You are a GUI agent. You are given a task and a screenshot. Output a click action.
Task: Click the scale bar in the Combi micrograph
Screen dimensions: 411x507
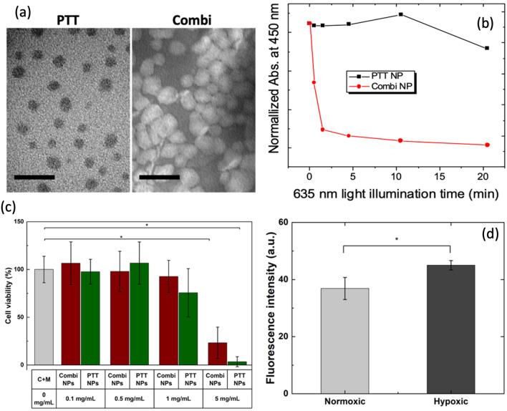[x=159, y=175]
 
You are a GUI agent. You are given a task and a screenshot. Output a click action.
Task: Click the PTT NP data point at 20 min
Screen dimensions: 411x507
[x=487, y=48]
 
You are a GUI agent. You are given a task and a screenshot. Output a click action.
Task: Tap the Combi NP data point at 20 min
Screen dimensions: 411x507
[x=487, y=145]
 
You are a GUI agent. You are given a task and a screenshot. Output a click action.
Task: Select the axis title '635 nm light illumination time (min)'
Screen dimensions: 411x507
[x=398, y=193]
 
